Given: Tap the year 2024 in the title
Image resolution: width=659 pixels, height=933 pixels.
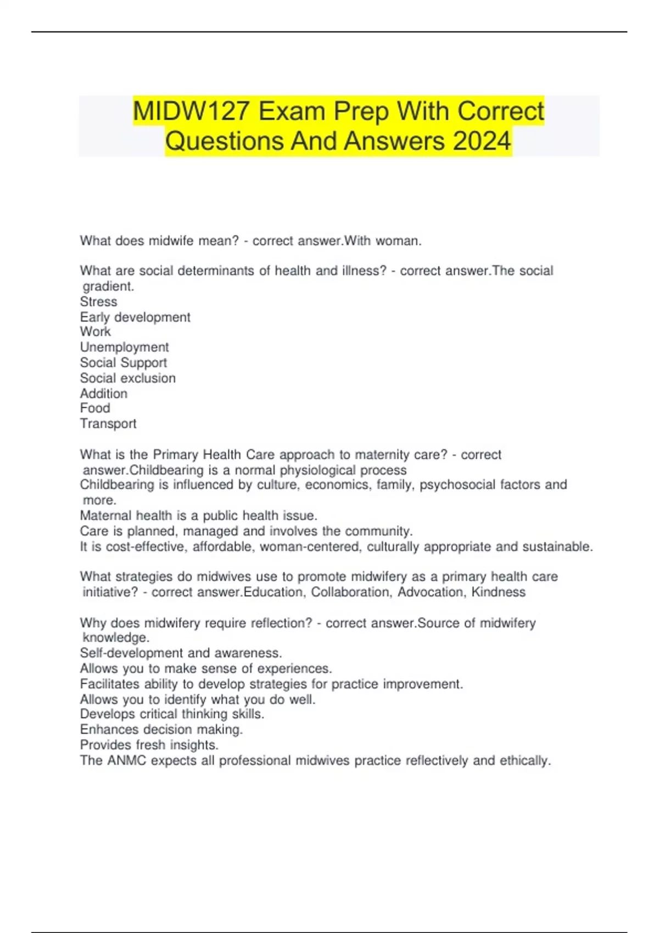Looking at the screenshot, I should (482, 141).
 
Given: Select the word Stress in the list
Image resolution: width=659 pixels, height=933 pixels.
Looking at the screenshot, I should (98, 302).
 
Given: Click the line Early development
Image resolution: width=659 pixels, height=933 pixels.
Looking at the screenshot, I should (135, 317).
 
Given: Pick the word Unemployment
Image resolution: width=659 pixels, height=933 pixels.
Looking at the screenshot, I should (124, 347).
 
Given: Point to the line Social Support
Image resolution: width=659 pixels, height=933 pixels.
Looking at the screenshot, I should (123, 363).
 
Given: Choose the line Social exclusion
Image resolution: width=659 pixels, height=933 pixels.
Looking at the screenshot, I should (127, 378).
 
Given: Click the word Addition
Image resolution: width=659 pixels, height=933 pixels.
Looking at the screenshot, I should (103, 394).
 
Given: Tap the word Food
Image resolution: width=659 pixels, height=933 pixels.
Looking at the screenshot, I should (95, 408).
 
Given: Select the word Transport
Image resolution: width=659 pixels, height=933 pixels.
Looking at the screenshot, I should (108, 424).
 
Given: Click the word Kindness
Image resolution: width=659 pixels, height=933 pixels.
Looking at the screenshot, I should (498, 592).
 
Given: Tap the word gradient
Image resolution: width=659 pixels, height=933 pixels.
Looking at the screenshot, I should (108, 286).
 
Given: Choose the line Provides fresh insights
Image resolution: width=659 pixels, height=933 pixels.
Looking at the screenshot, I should (149, 745).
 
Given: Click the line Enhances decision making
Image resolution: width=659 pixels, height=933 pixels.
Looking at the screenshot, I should (161, 729).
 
